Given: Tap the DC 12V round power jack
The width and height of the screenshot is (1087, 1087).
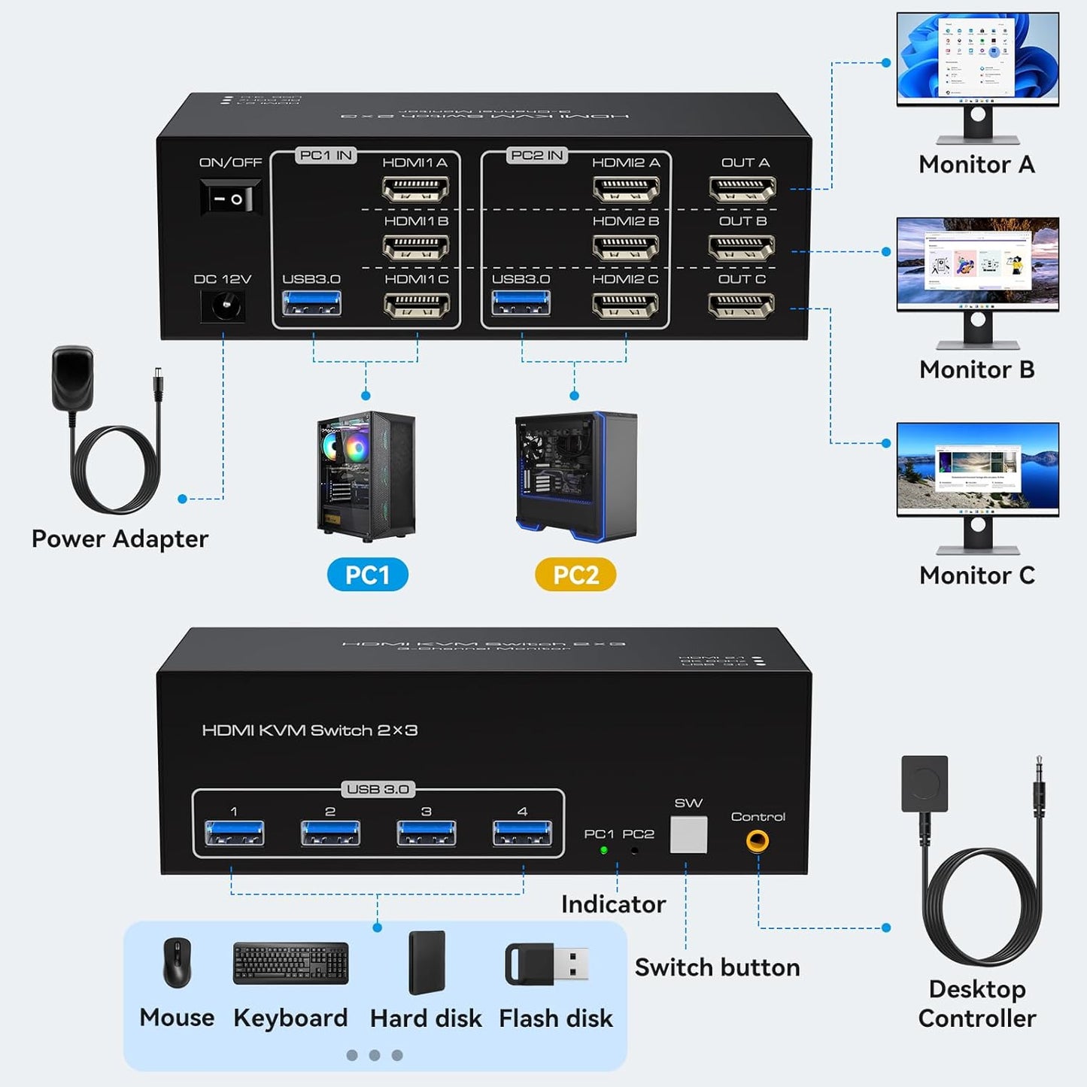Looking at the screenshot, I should point(223,306).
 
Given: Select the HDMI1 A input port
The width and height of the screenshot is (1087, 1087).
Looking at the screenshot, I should point(416,189).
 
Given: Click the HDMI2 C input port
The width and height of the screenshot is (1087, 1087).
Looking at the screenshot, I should point(625,305).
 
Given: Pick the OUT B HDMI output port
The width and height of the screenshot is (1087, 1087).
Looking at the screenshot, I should point(742,247).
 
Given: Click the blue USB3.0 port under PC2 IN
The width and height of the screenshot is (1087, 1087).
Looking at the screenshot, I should point(521,303).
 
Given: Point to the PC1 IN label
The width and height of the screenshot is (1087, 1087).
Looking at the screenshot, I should point(325,156).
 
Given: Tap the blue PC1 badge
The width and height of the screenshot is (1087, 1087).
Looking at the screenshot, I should point(368,575).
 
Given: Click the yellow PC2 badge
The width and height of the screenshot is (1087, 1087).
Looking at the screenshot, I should point(575,575).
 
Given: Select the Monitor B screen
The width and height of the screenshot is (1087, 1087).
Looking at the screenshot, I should point(977,263).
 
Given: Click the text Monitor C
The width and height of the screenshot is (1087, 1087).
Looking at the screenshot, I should point(976,575).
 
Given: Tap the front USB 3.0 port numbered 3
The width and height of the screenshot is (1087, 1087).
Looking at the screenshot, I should point(426,833).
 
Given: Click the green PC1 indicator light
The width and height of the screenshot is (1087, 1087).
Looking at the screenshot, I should point(603,851).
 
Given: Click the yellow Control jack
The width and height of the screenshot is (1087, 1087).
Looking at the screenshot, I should point(758,840).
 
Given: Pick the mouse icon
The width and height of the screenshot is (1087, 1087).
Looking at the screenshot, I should point(178,963).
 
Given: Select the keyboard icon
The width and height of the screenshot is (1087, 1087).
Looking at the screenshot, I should point(291,963).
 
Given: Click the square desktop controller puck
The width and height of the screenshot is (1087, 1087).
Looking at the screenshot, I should point(925,784).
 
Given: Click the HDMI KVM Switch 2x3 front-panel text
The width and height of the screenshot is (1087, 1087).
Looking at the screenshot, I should point(309,730).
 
